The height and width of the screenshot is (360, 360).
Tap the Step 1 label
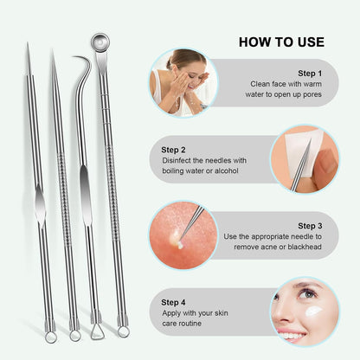310,74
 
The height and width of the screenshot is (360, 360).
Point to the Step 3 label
310,225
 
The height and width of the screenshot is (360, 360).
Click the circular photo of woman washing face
183,84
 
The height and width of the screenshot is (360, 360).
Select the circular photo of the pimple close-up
182,235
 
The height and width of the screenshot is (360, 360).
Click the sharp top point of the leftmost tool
27,44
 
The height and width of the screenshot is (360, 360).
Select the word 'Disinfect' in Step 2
180,161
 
